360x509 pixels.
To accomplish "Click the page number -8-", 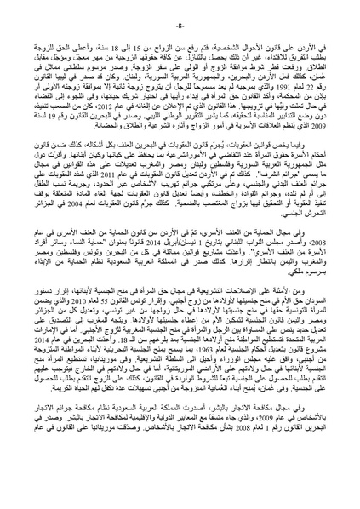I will pyautogui.click(x=180, y=493).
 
